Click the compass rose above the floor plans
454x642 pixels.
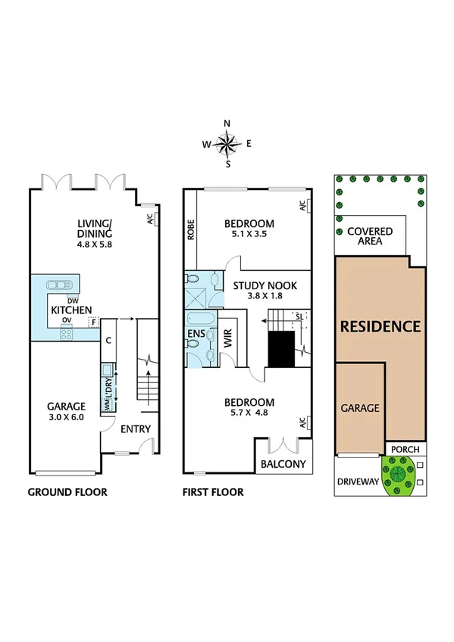click(227, 142)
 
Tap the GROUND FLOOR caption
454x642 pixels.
click(67, 492)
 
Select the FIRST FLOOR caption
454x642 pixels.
click(213, 492)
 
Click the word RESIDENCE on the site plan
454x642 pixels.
click(380, 327)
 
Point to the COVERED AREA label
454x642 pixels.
click(369, 236)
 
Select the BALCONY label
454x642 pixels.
click(283, 464)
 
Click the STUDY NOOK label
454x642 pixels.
click(265, 285)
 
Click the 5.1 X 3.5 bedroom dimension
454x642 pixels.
click(249, 235)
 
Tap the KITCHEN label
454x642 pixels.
click(71, 310)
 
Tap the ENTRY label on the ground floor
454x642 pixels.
click(136, 429)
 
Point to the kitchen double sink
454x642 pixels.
click(60, 285)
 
